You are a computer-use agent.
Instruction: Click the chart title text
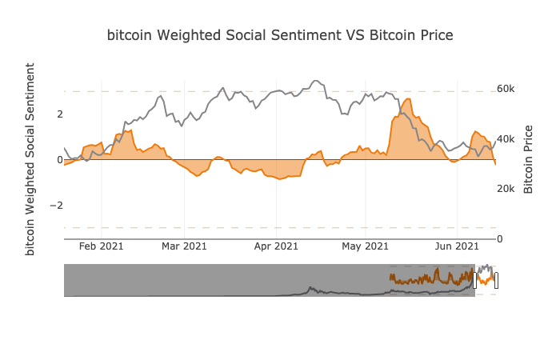[280, 35]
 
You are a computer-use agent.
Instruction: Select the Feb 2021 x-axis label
[102, 246]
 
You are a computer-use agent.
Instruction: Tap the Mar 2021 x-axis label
[184, 246]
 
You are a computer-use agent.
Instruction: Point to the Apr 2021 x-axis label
[276, 246]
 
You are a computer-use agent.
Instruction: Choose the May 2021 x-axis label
[365, 246]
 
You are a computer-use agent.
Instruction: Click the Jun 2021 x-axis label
[457, 246]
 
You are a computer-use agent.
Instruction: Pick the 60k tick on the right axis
[506, 89]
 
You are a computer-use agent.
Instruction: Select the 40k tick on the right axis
[506, 139]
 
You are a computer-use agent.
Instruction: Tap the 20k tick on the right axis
[506, 189]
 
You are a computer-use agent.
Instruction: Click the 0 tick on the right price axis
[501, 238]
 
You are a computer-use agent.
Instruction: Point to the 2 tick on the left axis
[59, 114]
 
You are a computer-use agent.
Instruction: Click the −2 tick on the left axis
[56, 206]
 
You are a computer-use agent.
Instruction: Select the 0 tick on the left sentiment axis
[59, 160]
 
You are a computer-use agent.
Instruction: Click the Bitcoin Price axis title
[529, 159]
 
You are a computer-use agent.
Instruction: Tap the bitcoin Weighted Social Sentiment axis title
[31, 158]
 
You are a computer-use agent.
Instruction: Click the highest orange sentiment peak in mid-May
[408, 99]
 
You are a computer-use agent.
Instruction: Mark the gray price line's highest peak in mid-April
[315, 81]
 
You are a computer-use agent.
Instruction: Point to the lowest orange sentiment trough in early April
[280, 178]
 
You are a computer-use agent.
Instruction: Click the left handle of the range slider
[475, 280]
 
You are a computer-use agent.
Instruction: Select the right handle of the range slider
[496, 280]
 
